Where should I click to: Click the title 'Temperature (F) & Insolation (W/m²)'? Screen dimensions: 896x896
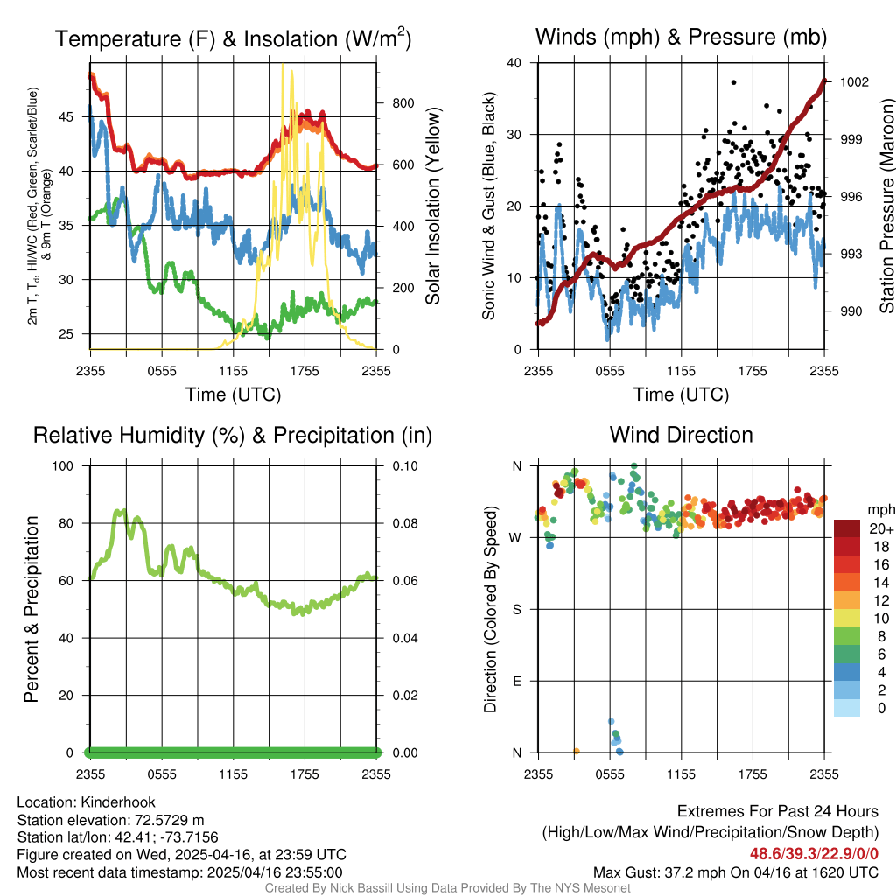pos(233,39)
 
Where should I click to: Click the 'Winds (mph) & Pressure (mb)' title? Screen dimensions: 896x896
pos(681,37)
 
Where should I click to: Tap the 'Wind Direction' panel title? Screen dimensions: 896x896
pos(681,435)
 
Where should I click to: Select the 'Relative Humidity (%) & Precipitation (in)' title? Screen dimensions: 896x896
pos(233,435)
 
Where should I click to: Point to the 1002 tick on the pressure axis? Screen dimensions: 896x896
pos(853,81)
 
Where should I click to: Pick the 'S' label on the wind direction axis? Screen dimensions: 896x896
pos(516,609)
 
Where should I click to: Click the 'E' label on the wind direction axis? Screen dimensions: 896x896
pos(516,681)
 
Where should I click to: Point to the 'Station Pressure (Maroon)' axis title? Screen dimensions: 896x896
pos(885,206)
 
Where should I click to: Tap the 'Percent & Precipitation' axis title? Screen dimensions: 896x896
pos(31,608)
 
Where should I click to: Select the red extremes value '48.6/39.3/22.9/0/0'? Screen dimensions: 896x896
pos(814,854)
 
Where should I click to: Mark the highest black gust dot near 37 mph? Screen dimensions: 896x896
pos(733,82)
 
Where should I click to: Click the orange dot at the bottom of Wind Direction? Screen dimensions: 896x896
pos(577,751)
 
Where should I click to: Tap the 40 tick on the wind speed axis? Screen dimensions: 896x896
pos(514,62)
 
